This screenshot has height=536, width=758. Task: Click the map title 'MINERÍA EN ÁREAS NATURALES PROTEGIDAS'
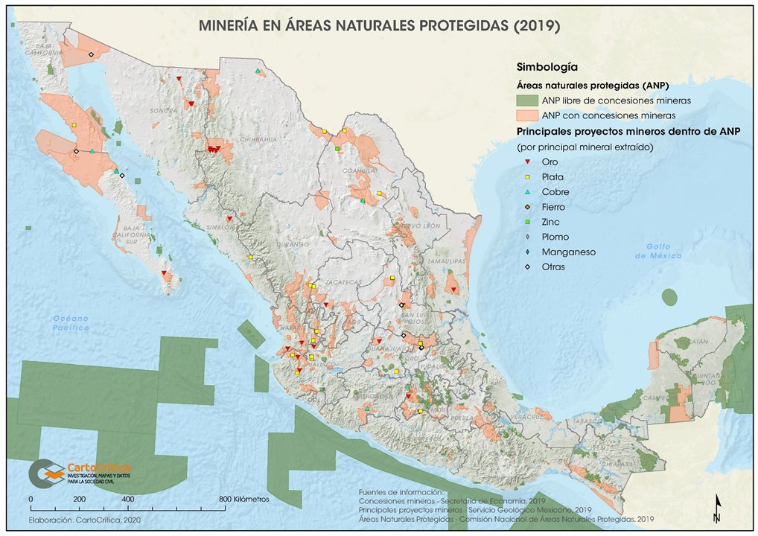(x=379, y=26)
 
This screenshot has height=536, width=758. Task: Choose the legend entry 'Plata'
(x=552, y=177)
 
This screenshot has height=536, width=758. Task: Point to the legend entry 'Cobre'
(x=555, y=192)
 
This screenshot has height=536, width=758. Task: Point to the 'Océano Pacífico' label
(x=71, y=322)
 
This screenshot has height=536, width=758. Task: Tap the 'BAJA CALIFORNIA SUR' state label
(x=133, y=234)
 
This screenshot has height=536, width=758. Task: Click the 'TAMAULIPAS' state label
(x=447, y=261)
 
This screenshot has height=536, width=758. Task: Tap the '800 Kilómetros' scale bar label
(x=244, y=498)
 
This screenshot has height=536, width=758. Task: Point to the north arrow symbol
(x=716, y=508)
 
